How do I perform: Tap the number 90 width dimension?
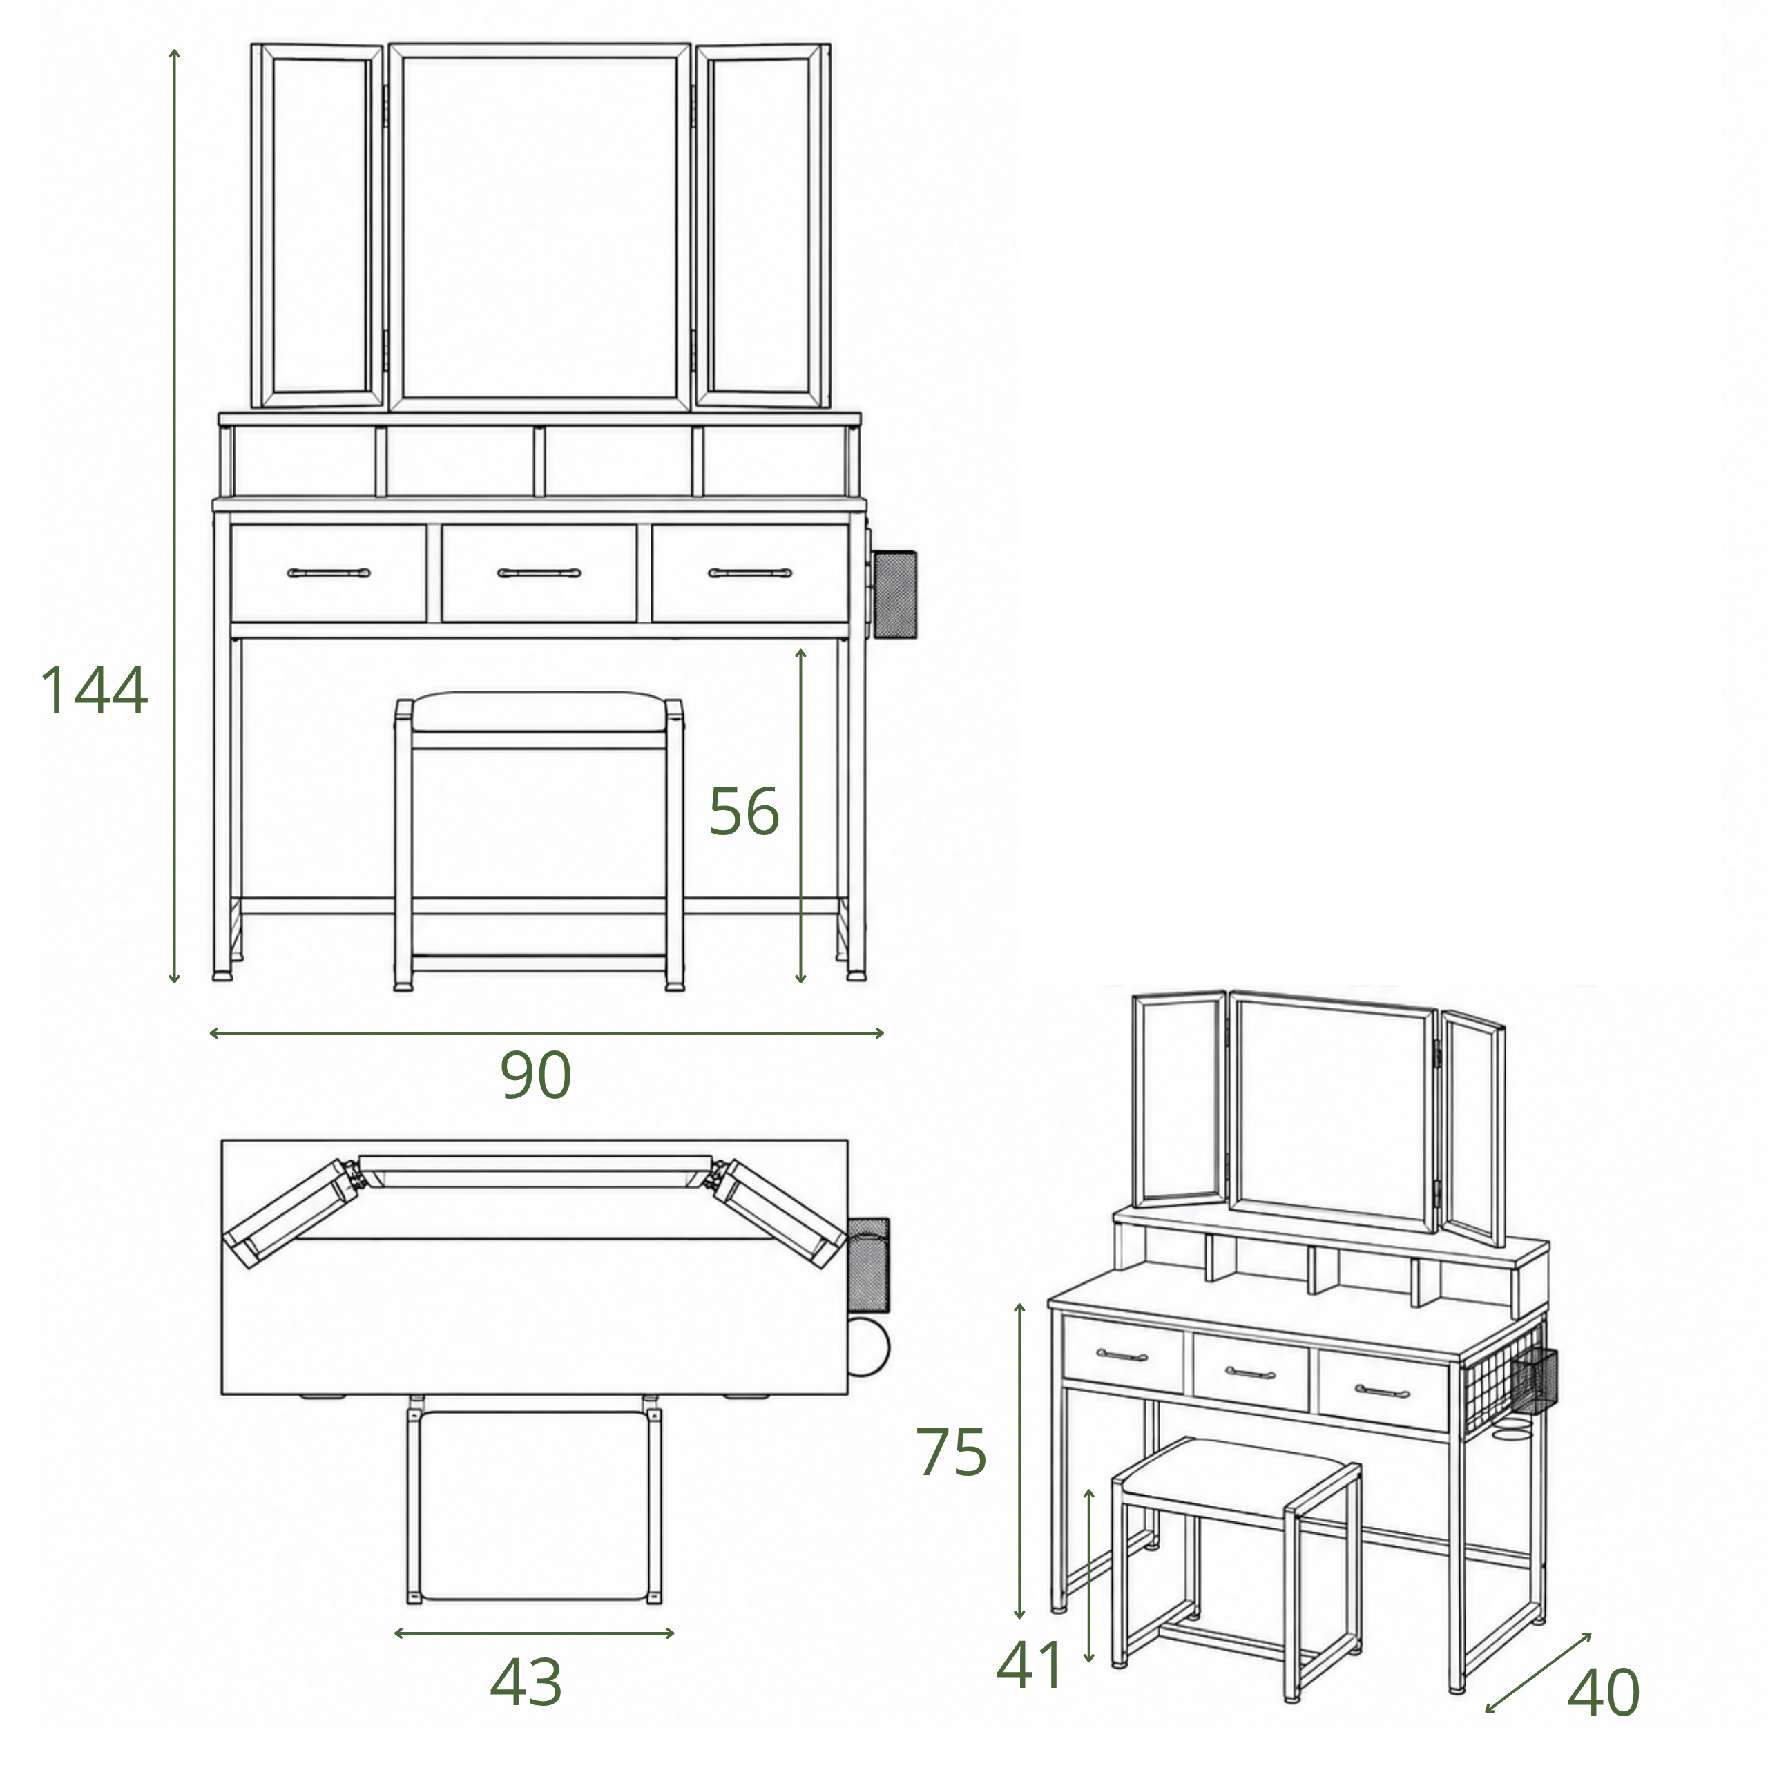point(536,1075)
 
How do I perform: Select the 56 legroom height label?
point(744,811)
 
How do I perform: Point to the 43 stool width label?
point(526,1682)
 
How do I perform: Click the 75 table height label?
point(952,1452)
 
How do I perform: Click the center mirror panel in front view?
point(540,227)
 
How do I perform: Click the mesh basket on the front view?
point(894,595)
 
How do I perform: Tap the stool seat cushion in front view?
point(539,711)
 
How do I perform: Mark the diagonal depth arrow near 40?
point(1537,1672)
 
